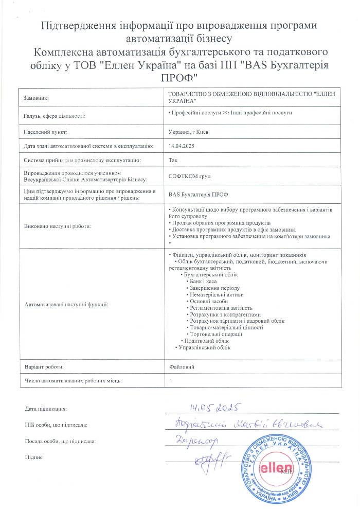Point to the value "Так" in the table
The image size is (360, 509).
pyautogui.click(x=173, y=161)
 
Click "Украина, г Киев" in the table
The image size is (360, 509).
pyautogui.click(x=188, y=132)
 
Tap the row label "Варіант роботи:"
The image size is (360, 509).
pyautogui.click(x=44, y=367)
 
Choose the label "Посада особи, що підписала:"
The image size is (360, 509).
pyautogui.click(x=60, y=441)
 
